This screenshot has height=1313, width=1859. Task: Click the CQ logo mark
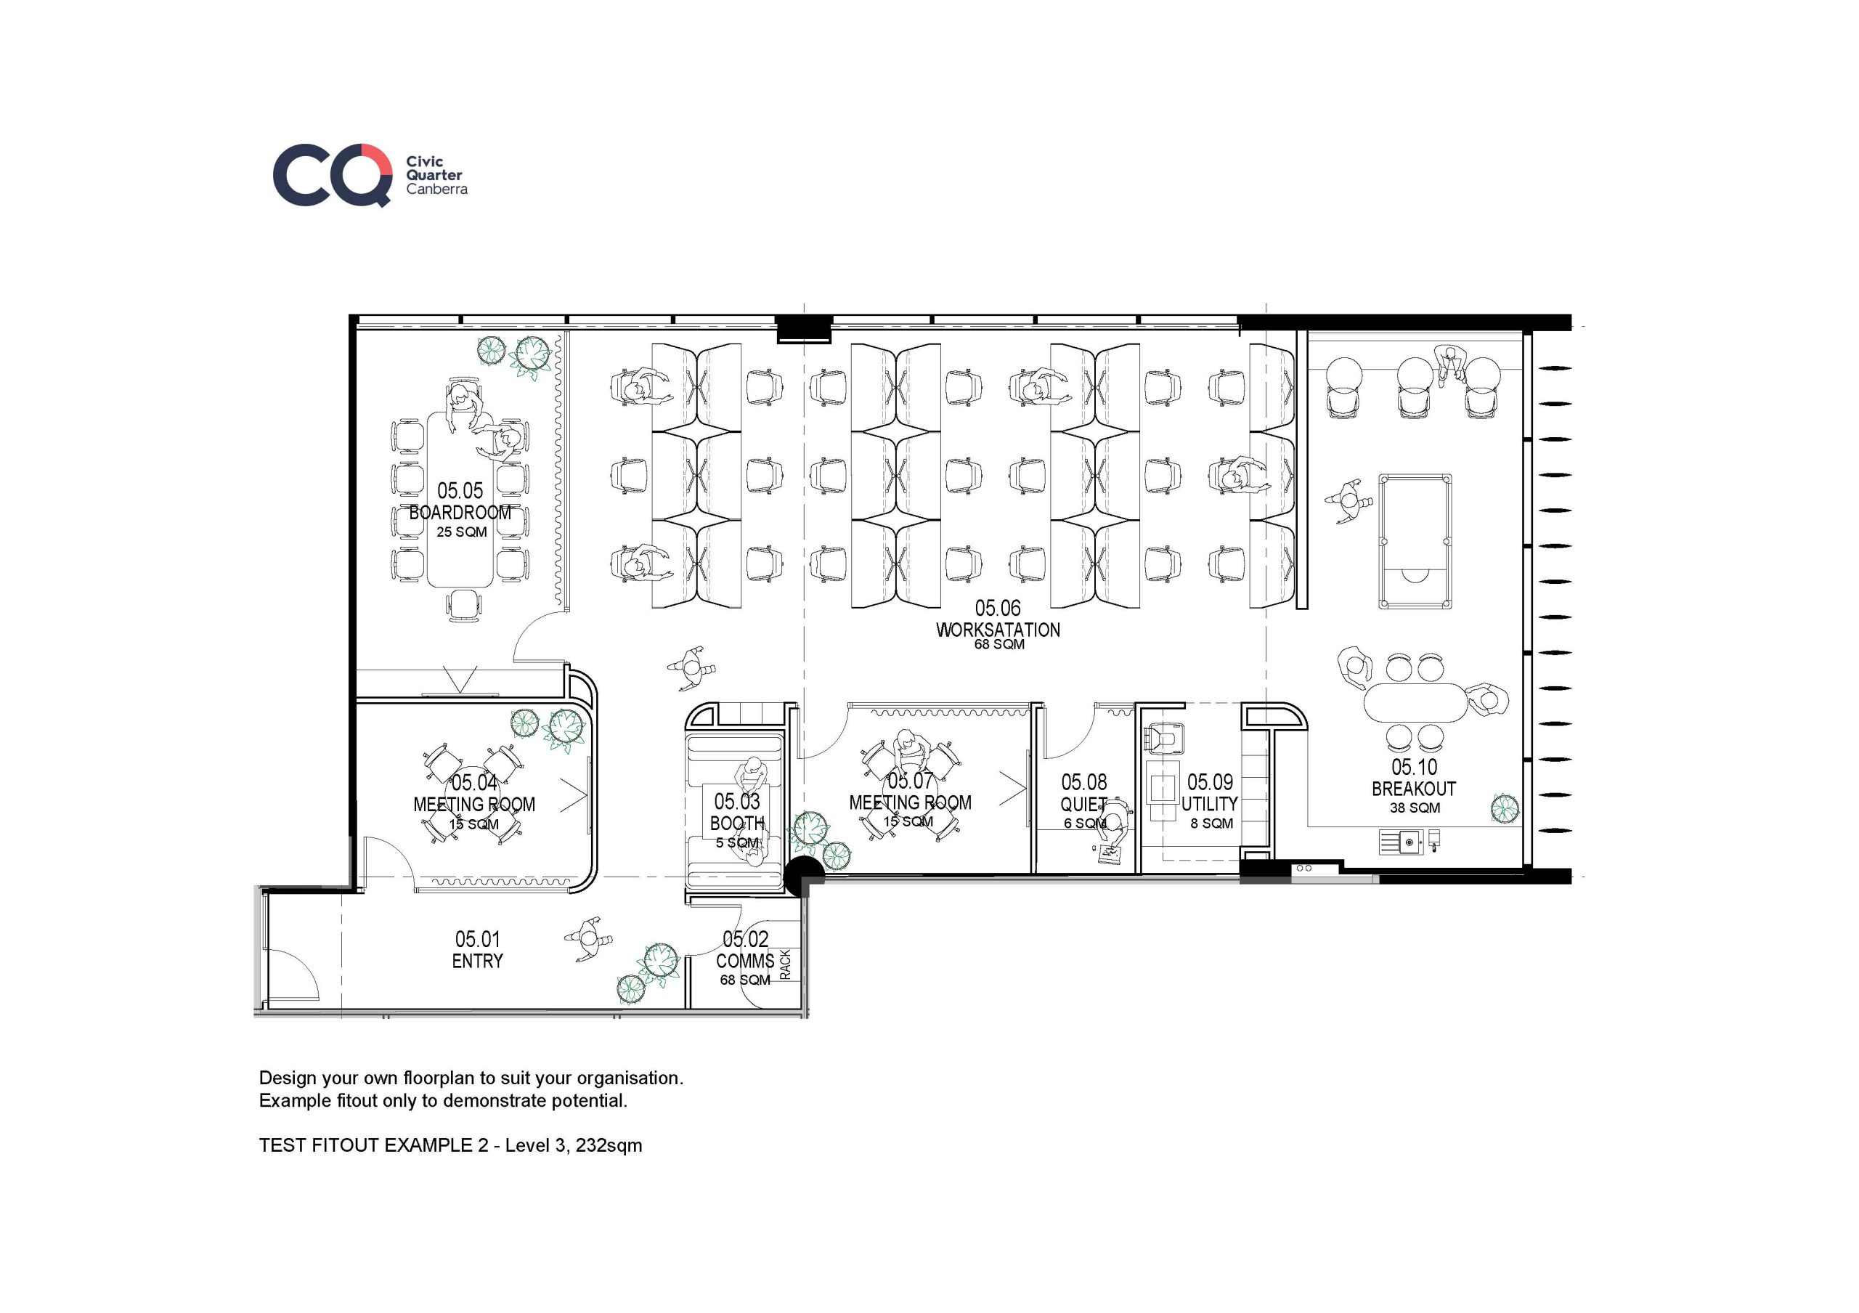tap(333, 175)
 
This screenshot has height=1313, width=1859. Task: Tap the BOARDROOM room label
tap(460, 513)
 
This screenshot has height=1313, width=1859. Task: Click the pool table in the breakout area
tap(1415, 541)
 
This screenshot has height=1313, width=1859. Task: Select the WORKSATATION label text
tap(998, 630)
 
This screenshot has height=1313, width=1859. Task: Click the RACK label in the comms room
tap(784, 965)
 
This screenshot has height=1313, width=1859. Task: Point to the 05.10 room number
tap(1415, 767)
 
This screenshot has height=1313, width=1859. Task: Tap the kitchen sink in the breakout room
tap(1409, 842)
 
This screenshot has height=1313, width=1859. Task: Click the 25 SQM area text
tap(462, 532)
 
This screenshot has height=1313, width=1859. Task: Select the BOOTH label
tap(737, 824)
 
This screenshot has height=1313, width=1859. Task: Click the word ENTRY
tap(478, 961)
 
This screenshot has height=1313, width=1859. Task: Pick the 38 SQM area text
tap(1415, 808)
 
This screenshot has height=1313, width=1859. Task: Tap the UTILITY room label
tap(1209, 804)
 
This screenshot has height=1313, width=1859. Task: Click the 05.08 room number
tap(1084, 782)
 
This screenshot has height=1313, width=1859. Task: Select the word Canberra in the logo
tap(437, 189)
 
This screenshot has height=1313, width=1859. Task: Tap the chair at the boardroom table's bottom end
tap(464, 604)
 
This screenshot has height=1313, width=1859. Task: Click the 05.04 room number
tap(474, 783)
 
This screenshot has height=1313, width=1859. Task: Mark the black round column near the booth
tap(803, 877)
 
